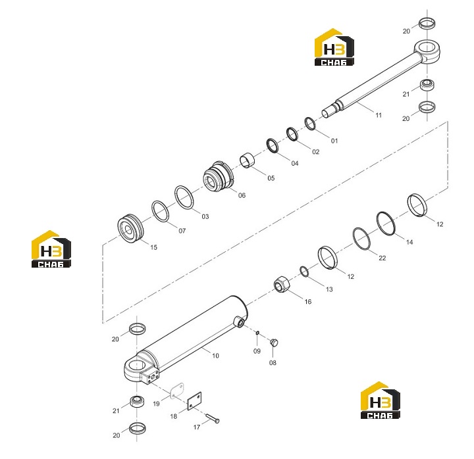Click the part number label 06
[x=242, y=195]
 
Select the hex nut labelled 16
[x=282, y=284]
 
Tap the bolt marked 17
[x=213, y=418]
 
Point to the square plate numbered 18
[x=194, y=401]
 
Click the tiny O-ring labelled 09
[x=257, y=333]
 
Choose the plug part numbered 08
[x=274, y=343]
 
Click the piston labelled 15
[x=130, y=229]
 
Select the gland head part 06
[x=219, y=176]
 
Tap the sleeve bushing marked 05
[x=248, y=160]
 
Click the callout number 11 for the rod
[x=379, y=115]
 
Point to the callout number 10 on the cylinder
[x=215, y=356]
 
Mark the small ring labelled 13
[x=304, y=271]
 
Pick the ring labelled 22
[x=361, y=239]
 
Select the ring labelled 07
[x=160, y=211]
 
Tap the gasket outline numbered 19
[x=177, y=391]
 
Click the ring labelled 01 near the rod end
[x=310, y=124]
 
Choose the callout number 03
[x=205, y=216]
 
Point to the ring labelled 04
[x=273, y=145]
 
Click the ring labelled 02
[x=292, y=134]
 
